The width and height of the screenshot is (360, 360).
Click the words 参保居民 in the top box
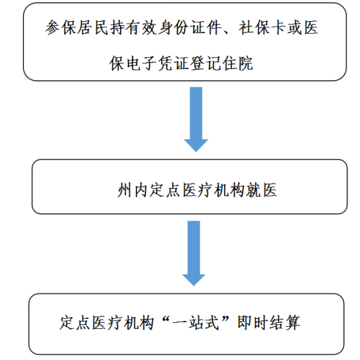coord(77,28)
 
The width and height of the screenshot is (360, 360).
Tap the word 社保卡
coord(262,28)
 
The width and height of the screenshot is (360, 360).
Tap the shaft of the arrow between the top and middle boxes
coord(196,113)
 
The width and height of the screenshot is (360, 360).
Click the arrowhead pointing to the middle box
coord(196,145)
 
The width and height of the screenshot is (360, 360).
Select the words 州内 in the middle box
coord(133,190)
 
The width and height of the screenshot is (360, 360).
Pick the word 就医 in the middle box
coord(261,190)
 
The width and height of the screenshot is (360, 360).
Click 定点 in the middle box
coord(164,190)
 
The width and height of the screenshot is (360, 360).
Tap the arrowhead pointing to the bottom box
coord(194,280)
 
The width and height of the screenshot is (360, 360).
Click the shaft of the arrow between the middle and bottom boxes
coord(194,248)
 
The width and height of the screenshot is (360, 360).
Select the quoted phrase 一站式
coord(196,323)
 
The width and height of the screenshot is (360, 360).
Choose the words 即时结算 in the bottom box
coord(269,323)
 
